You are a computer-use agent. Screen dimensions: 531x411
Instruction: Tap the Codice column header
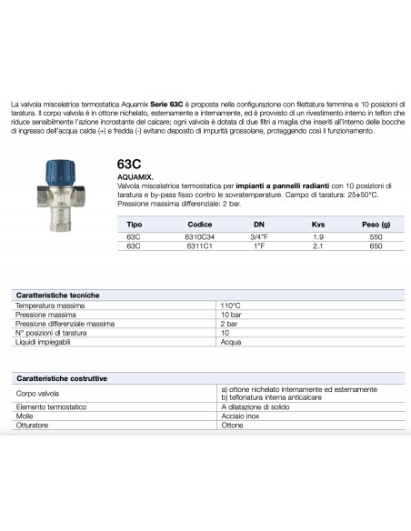(x=200, y=224)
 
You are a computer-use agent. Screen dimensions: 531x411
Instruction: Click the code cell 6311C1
(x=200, y=245)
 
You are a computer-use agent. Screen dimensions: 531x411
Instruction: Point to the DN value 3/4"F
(x=259, y=235)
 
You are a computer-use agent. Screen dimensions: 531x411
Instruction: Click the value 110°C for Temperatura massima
(x=231, y=306)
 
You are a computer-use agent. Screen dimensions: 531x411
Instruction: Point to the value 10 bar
(x=231, y=315)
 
